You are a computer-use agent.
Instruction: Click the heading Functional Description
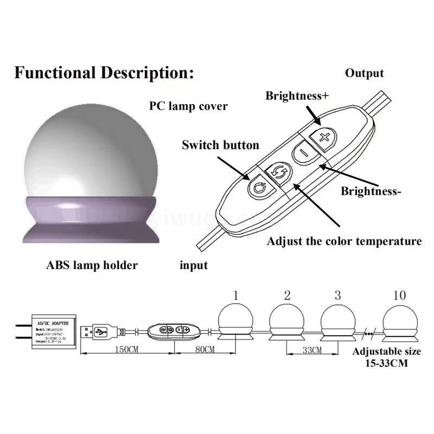click(x=104, y=72)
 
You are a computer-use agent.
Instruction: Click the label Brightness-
click(x=371, y=191)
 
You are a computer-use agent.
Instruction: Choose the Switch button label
click(x=220, y=145)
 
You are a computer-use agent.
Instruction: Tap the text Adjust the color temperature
click(x=344, y=241)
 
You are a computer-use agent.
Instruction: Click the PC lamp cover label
click(x=188, y=106)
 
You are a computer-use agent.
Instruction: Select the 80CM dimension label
click(x=200, y=350)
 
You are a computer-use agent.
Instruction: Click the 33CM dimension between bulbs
click(x=312, y=350)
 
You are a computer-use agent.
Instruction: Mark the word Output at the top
click(x=365, y=73)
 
